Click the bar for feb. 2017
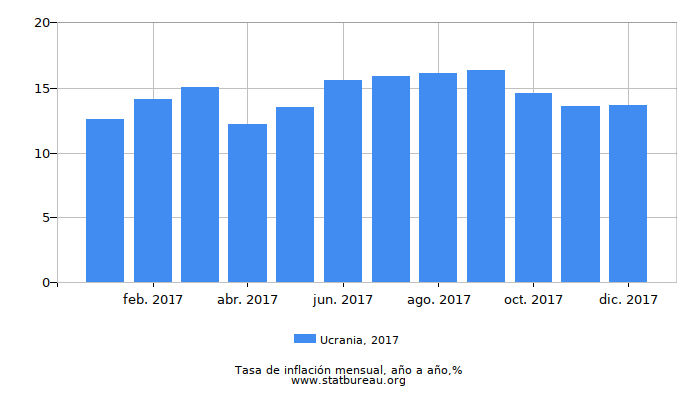click(x=153, y=191)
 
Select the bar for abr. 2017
click(x=247, y=203)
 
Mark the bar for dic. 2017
click(x=628, y=194)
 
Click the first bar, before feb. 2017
click(x=105, y=200)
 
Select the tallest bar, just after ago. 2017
click(x=486, y=177)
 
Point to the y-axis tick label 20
click(x=41, y=23)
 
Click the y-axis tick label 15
click(x=41, y=88)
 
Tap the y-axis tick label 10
click(x=41, y=153)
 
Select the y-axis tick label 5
click(x=45, y=217)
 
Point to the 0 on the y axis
click(x=45, y=283)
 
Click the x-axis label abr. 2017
click(x=247, y=299)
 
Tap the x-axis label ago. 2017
click(x=439, y=299)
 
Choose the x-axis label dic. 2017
click(x=628, y=299)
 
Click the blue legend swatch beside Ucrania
click(x=305, y=339)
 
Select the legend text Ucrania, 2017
click(x=359, y=340)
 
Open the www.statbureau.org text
click(x=348, y=381)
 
